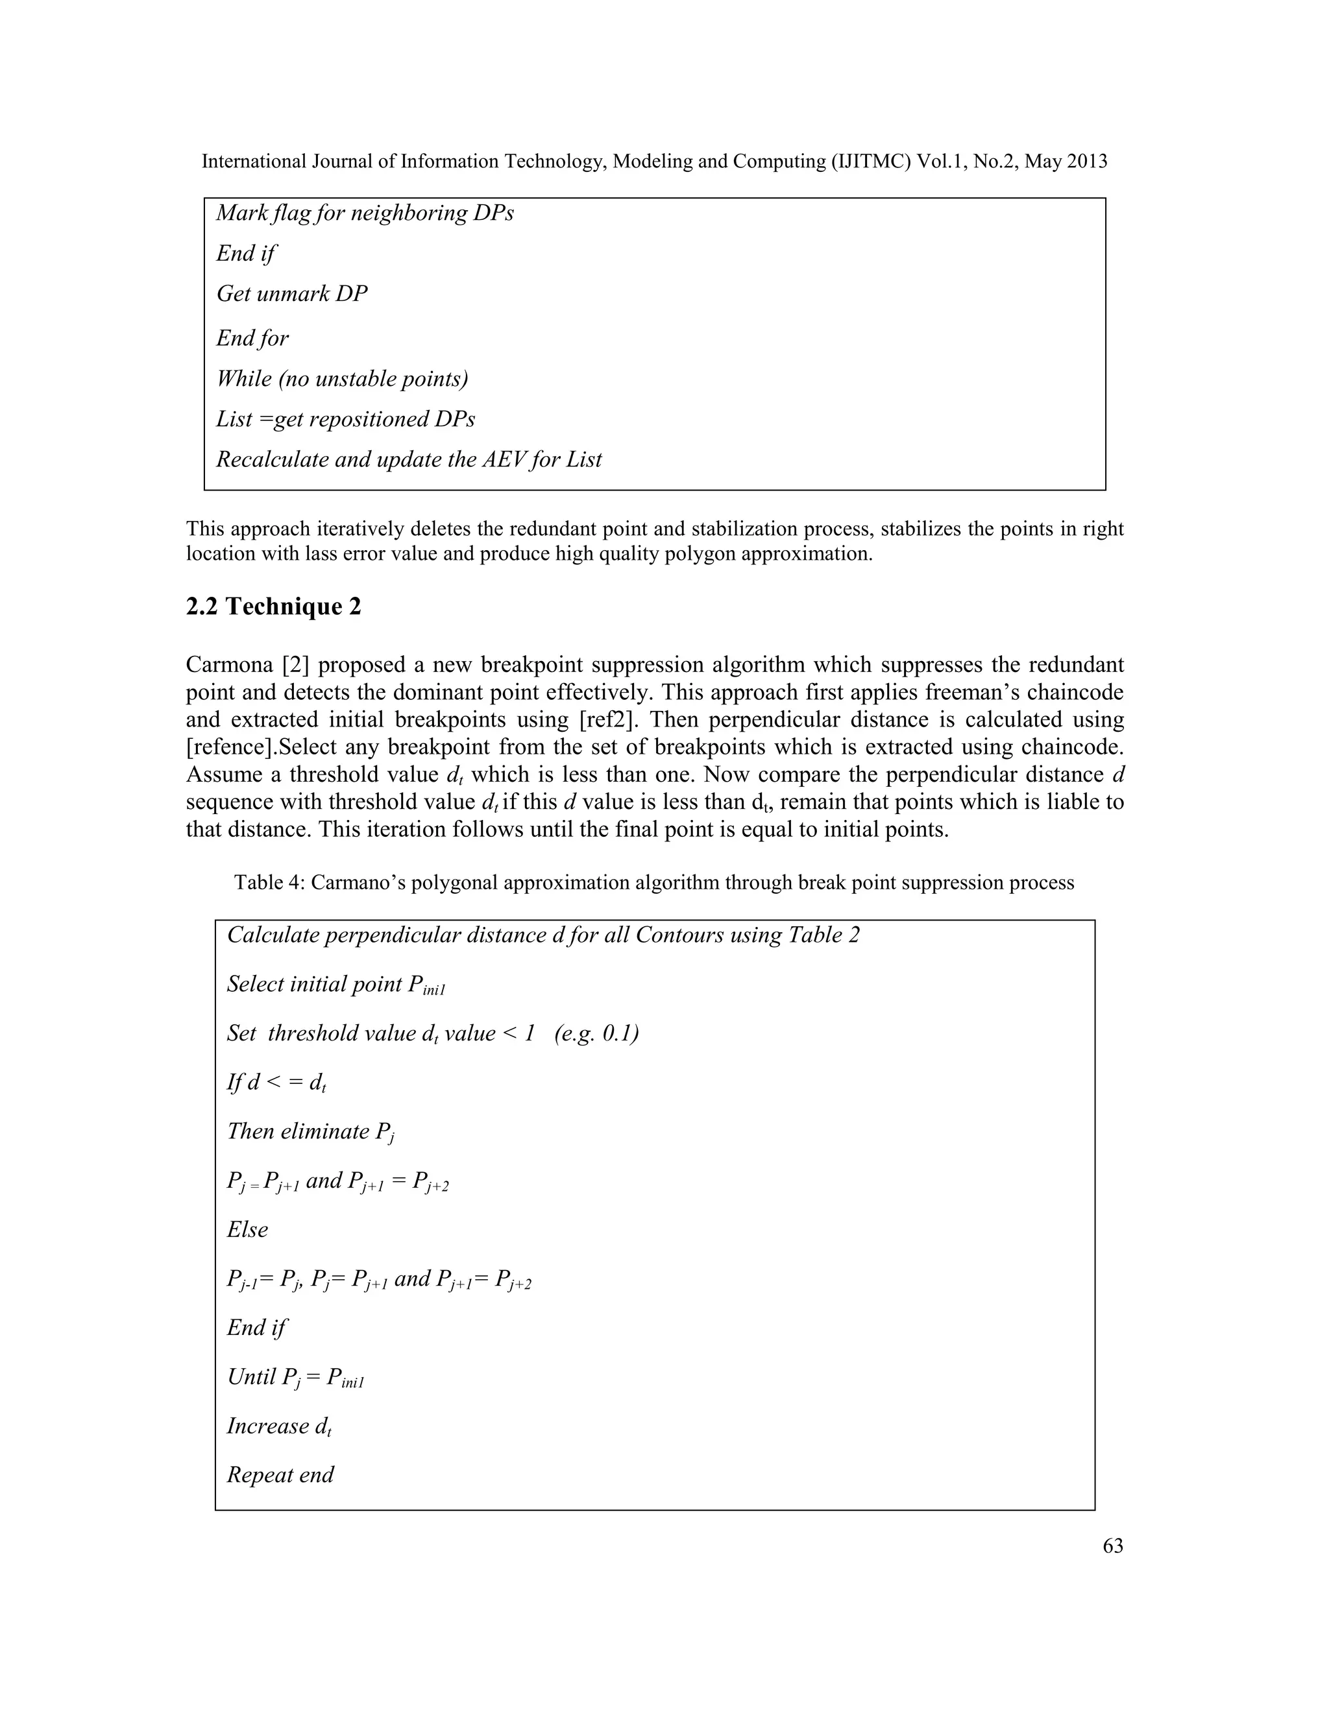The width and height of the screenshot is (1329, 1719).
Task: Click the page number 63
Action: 1112,1546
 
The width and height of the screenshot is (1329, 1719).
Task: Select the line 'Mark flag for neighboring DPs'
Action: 365,213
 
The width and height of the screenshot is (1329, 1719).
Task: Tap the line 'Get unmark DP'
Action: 291,295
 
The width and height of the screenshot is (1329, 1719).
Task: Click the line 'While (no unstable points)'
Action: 342,379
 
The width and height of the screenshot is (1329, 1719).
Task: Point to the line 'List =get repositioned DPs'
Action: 346,419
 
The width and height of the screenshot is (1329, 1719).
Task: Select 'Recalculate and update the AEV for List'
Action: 409,460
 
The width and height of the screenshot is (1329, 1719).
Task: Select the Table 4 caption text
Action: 653,882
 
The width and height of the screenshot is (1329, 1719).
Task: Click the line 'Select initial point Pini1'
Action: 336,985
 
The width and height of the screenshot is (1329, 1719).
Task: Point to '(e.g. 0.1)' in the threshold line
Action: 596,1033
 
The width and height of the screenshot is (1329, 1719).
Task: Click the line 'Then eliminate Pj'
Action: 310,1132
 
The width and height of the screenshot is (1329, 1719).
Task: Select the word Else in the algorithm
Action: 247,1229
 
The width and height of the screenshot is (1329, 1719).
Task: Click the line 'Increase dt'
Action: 278,1426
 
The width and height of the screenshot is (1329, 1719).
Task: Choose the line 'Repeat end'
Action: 280,1475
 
